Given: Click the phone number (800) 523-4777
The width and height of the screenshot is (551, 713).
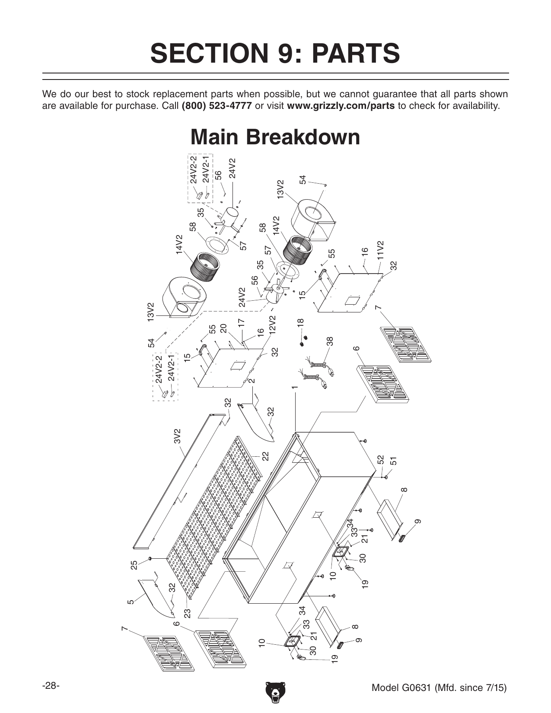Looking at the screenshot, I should tap(216, 106).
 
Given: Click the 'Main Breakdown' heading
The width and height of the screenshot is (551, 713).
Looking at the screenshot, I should tap(275, 137).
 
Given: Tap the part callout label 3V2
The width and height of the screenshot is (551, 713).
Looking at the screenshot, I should tap(177, 436).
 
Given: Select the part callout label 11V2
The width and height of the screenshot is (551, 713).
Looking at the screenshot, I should tap(380, 250).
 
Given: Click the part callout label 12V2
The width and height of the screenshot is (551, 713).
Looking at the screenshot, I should tap(272, 325).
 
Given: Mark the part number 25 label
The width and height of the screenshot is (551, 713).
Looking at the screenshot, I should tap(134, 564).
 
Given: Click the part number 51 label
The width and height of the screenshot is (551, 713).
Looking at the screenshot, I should tap(393, 461).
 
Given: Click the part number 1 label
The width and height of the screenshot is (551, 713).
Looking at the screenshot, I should tap(295, 387).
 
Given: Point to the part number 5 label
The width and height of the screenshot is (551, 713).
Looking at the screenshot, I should tap(131, 601).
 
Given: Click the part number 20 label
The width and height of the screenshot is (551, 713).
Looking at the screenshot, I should tap(223, 328).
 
